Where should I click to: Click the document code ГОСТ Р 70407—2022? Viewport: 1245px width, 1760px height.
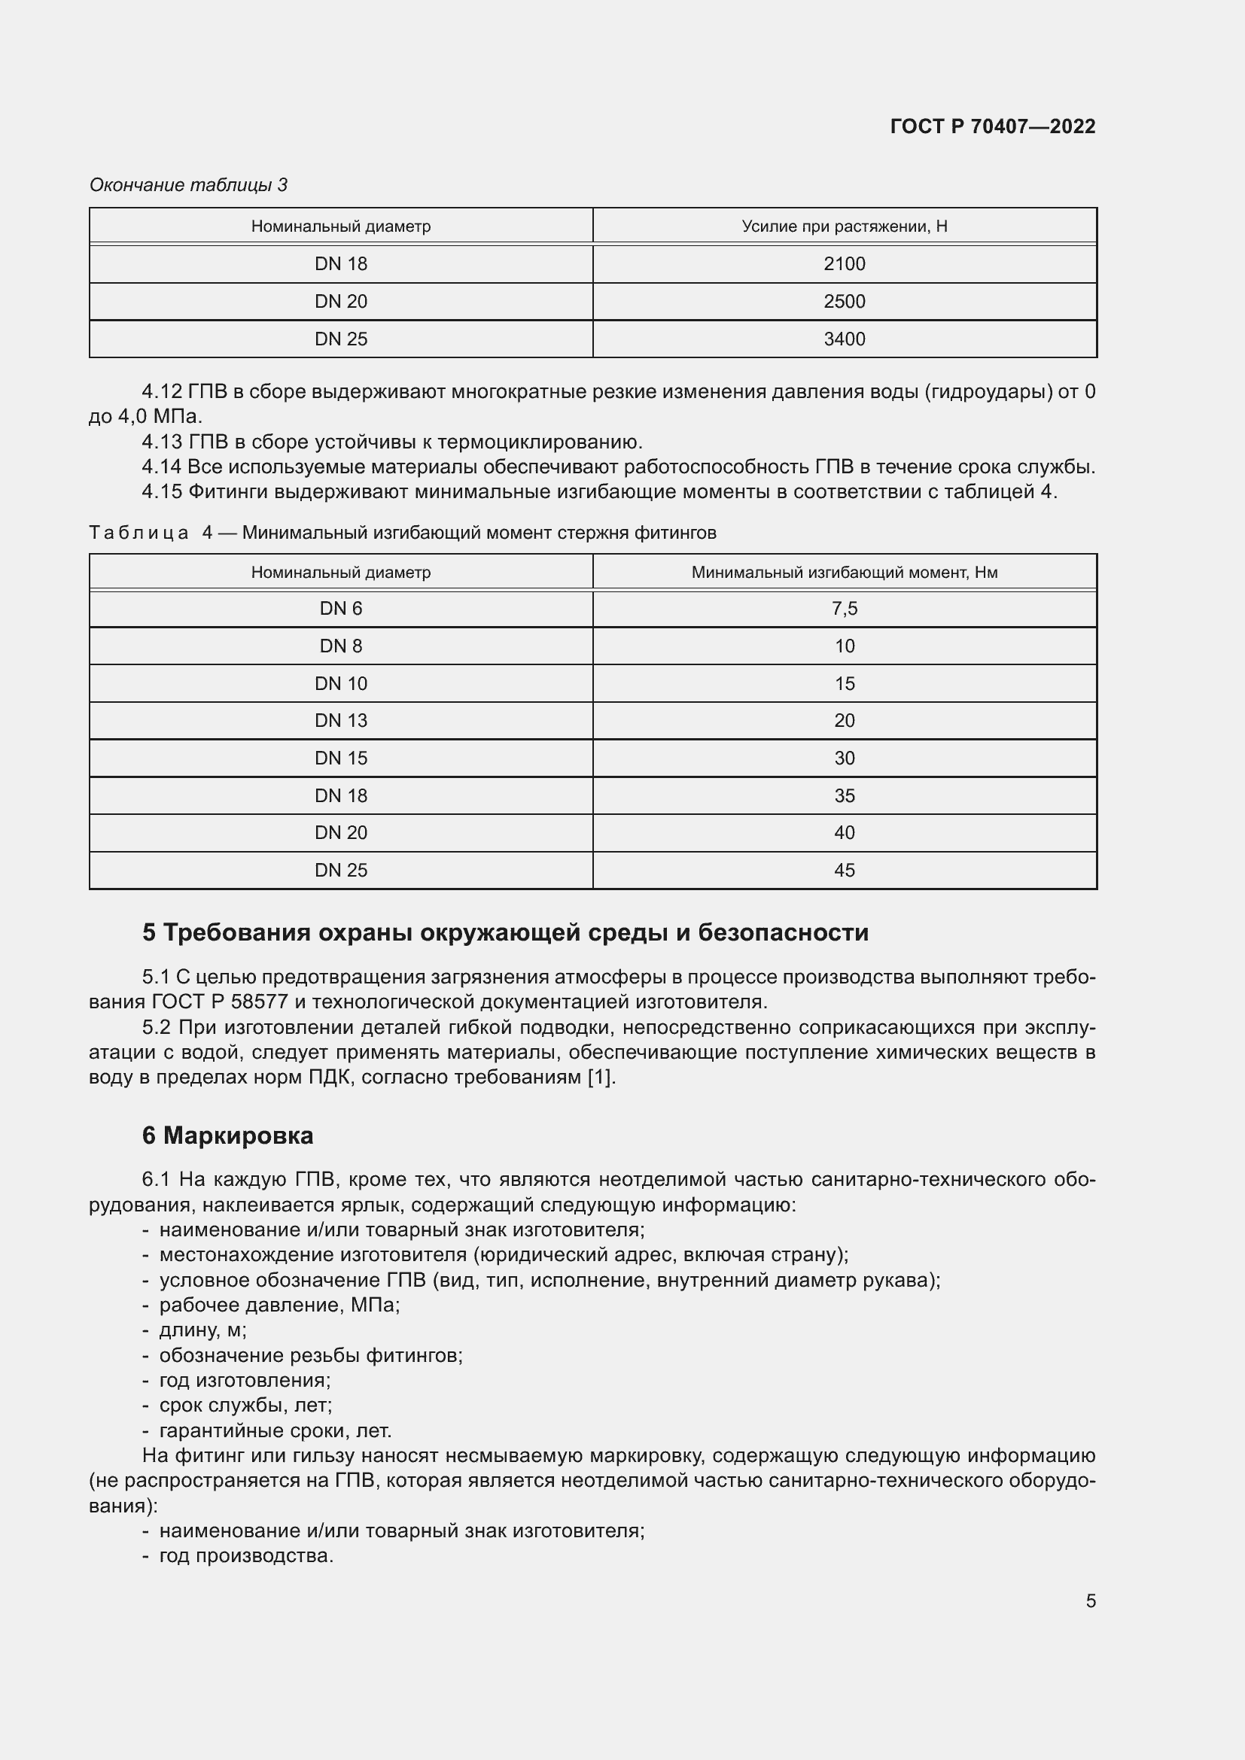(x=992, y=126)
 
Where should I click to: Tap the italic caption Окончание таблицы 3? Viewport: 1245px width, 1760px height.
(x=189, y=185)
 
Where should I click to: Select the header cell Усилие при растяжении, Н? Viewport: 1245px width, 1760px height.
(x=844, y=226)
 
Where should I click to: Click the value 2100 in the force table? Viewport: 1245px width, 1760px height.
(x=844, y=263)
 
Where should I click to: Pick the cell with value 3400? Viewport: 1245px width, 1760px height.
(x=844, y=339)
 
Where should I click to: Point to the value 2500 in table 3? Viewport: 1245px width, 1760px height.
(x=844, y=301)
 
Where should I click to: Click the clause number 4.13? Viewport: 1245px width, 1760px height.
(x=162, y=442)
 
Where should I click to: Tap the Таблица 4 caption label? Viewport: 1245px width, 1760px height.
(x=151, y=533)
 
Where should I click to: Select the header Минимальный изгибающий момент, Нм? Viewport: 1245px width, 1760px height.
(x=844, y=573)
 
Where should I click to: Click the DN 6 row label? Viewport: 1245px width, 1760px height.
(x=340, y=609)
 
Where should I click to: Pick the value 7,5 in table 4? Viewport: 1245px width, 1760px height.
(x=844, y=609)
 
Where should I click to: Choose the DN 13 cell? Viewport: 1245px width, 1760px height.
(x=340, y=721)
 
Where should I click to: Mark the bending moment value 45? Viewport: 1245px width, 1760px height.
(x=844, y=870)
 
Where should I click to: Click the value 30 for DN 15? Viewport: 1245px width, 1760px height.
(x=844, y=758)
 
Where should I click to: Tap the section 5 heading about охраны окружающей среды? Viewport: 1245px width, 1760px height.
(x=505, y=932)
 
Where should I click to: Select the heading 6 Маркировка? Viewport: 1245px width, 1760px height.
(x=227, y=1135)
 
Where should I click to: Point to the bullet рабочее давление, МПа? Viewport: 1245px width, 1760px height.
(x=279, y=1305)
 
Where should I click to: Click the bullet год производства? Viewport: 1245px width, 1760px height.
(x=245, y=1555)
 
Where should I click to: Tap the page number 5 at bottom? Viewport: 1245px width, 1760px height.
(x=1090, y=1600)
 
